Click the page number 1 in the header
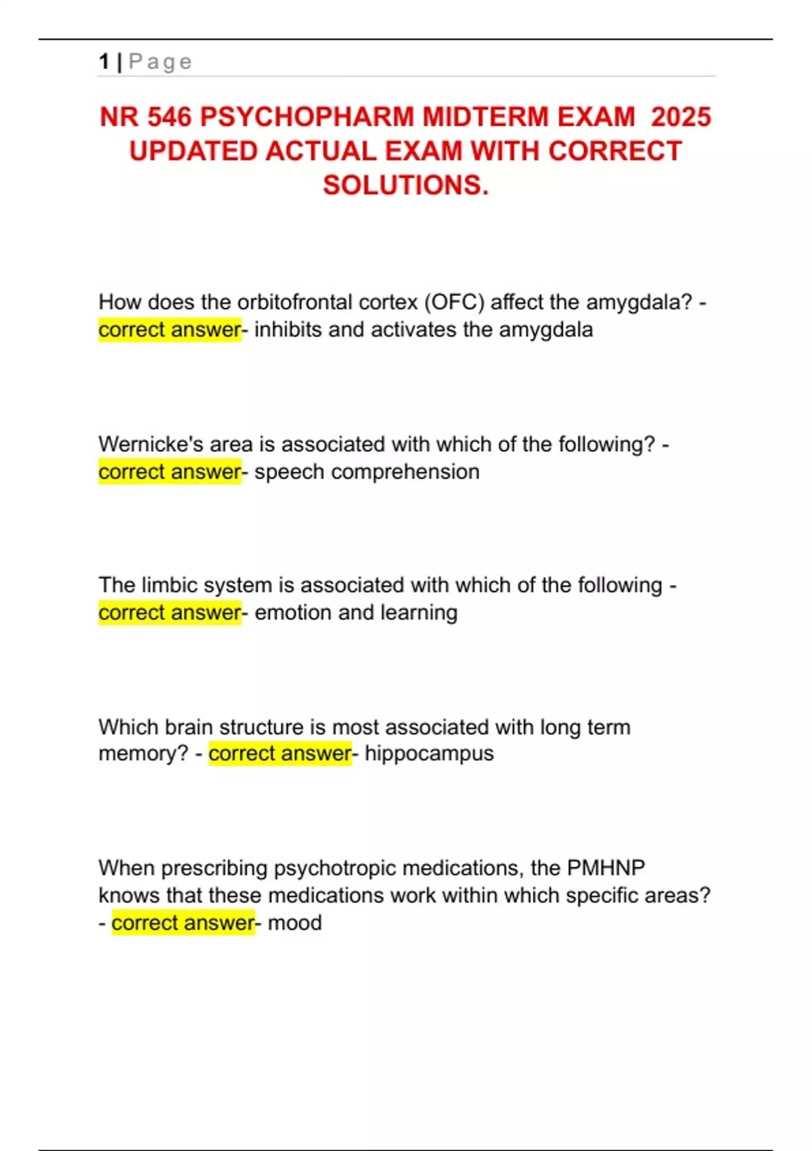click(104, 62)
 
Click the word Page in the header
click(160, 62)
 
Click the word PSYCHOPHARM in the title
click(307, 117)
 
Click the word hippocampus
click(429, 754)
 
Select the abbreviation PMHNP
click(606, 868)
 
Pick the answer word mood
click(294, 923)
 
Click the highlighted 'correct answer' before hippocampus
click(280, 754)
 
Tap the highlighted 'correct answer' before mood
click(183, 923)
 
